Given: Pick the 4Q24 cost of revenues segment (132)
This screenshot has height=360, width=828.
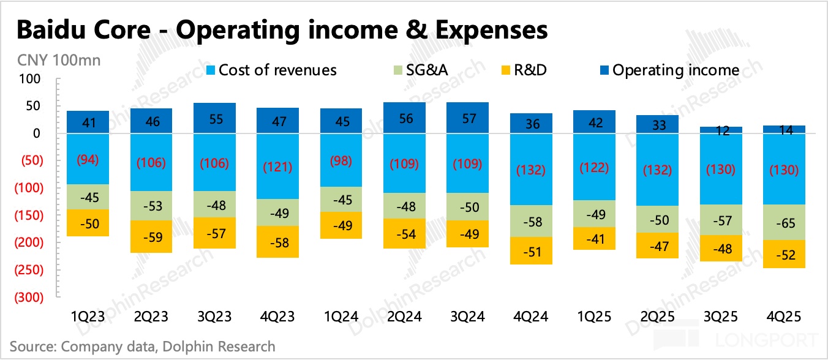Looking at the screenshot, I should [x=532, y=169].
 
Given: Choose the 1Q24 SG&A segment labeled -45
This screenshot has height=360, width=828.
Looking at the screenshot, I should [x=341, y=200].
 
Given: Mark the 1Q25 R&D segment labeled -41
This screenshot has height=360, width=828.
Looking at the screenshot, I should [x=595, y=238].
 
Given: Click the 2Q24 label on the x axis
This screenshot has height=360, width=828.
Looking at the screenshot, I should [x=405, y=317].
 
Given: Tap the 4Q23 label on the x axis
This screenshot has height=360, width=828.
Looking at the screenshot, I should [x=278, y=317].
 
